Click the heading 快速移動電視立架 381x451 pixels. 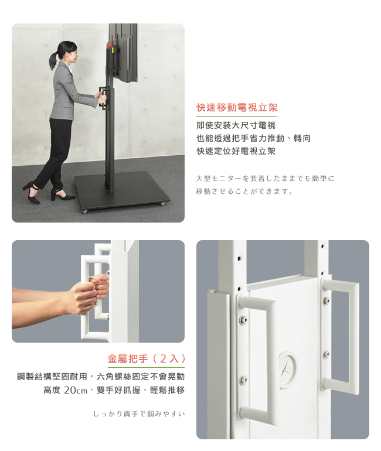pos(237,108)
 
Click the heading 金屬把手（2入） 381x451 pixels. pos(146,358)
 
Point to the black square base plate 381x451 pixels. pos(121,189)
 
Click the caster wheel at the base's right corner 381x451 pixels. pos(162,204)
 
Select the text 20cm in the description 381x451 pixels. pos(76,390)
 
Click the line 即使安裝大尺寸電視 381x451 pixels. pos(236,125)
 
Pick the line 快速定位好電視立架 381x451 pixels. pos(236,151)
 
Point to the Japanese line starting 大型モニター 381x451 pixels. pos(265,179)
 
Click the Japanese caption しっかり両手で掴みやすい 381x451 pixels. pos(139,414)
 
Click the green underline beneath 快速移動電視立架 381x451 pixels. pos(237,116)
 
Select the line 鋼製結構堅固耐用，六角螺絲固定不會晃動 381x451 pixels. pos(101,377)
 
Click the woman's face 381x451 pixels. pos(74,54)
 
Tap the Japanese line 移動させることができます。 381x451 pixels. pos(244,192)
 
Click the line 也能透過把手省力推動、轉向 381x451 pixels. pos(254,138)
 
